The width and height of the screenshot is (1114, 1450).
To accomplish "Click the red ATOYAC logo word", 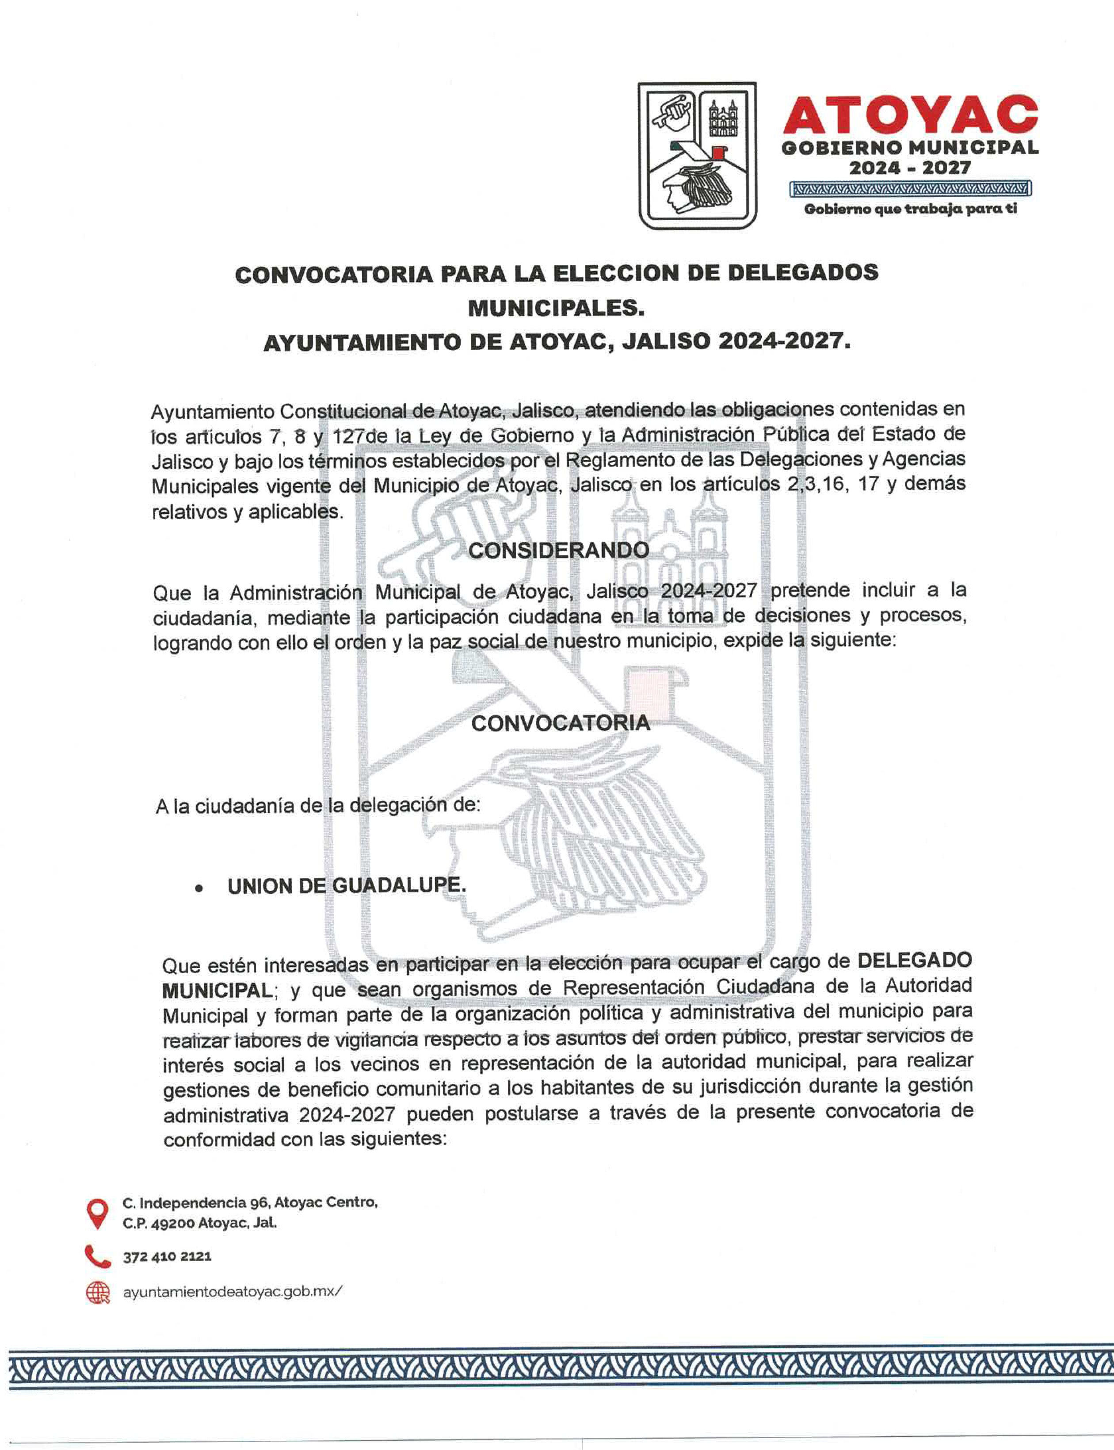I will point(910,115).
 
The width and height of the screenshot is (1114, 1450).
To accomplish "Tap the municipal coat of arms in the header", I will point(697,156).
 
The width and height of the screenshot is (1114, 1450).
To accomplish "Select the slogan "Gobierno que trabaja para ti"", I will point(910,209).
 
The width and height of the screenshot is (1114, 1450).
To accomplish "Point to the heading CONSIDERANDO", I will point(558,551).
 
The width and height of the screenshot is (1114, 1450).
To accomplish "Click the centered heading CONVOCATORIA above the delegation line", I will point(561,723).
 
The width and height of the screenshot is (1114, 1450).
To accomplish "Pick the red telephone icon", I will point(97,1256).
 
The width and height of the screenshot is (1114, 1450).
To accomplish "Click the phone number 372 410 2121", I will point(167,1256).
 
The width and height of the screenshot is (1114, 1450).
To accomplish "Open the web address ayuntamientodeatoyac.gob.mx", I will point(233,1291).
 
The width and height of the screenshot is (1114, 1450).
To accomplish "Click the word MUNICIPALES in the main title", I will point(556,308).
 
